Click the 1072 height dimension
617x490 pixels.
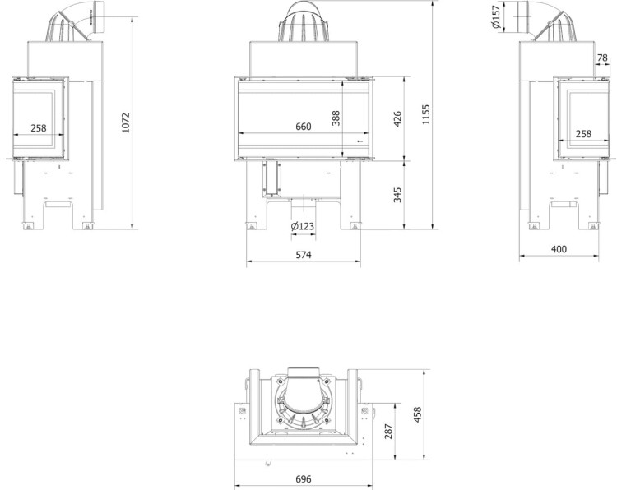click(x=126, y=122)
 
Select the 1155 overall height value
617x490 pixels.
click(x=426, y=115)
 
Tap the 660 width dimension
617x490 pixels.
click(x=304, y=127)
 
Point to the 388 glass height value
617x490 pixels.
click(x=336, y=118)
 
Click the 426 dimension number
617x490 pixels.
click(x=397, y=118)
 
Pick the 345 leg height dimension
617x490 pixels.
click(x=397, y=195)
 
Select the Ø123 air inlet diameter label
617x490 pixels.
click(x=303, y=226)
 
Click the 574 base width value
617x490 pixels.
click(x=304, y=255)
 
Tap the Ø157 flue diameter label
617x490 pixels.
click(x=496, y=17)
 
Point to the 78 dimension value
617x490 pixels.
click(x=602, y=58)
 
